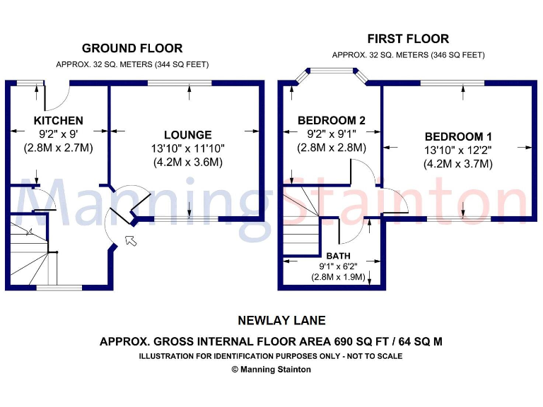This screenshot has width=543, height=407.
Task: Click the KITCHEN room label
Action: (58, 121)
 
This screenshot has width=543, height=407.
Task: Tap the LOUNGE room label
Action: (187, 135)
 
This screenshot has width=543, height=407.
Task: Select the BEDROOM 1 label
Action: (457, 136)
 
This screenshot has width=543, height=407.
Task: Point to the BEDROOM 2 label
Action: (331, 121)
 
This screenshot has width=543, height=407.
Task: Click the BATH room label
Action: (337, 255)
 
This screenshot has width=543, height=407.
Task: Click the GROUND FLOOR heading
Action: (132, 49)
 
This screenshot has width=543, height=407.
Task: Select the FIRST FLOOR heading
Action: (408, 39)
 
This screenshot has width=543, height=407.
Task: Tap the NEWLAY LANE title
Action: (271, 321)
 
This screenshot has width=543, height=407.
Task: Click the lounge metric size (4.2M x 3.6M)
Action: (187, 162)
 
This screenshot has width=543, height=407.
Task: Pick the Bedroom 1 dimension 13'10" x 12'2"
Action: (457, 151)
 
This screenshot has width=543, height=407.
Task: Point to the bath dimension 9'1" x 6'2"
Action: (337, 266)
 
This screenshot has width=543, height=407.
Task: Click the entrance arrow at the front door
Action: (131, 241)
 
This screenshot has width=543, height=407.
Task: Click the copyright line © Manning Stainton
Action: (271, 369)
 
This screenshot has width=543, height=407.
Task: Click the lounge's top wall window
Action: (179, 83)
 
